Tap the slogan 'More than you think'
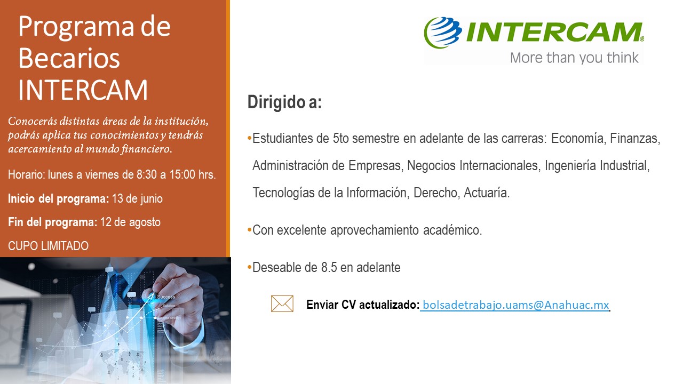574,57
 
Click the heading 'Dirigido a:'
284,102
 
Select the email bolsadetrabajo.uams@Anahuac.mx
515,305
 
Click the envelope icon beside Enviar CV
282,304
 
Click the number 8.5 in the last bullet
329,268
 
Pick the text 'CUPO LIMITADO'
48,246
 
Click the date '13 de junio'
137,199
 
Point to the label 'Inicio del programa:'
58,199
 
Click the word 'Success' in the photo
166,297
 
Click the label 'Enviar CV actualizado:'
362,305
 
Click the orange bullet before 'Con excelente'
249,230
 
